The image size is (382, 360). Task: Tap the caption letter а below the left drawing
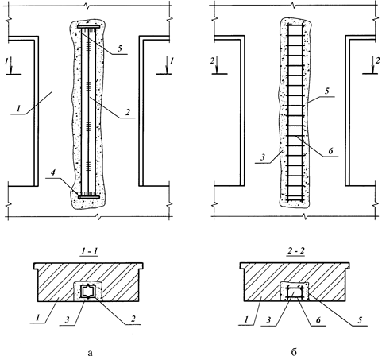90,353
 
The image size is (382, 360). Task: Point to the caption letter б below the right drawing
294,352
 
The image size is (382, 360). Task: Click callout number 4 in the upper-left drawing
53,172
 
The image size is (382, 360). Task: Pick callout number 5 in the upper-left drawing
120,48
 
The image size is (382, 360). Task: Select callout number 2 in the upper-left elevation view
128,112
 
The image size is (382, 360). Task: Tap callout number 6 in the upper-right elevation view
330,151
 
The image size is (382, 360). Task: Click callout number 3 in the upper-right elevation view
262,157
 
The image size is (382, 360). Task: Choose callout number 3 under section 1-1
68,319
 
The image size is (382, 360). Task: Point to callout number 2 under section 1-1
133,319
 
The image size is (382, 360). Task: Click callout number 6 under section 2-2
318,320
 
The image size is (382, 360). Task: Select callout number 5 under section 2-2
360,320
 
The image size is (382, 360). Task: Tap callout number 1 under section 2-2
247,319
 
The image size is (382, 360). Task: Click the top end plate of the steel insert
89,27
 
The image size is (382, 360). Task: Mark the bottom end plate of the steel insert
89,197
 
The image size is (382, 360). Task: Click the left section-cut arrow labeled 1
11,65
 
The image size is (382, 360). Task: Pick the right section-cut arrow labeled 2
372,65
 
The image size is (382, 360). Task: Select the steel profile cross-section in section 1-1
87,292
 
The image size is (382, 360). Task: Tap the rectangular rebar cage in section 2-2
294,292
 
